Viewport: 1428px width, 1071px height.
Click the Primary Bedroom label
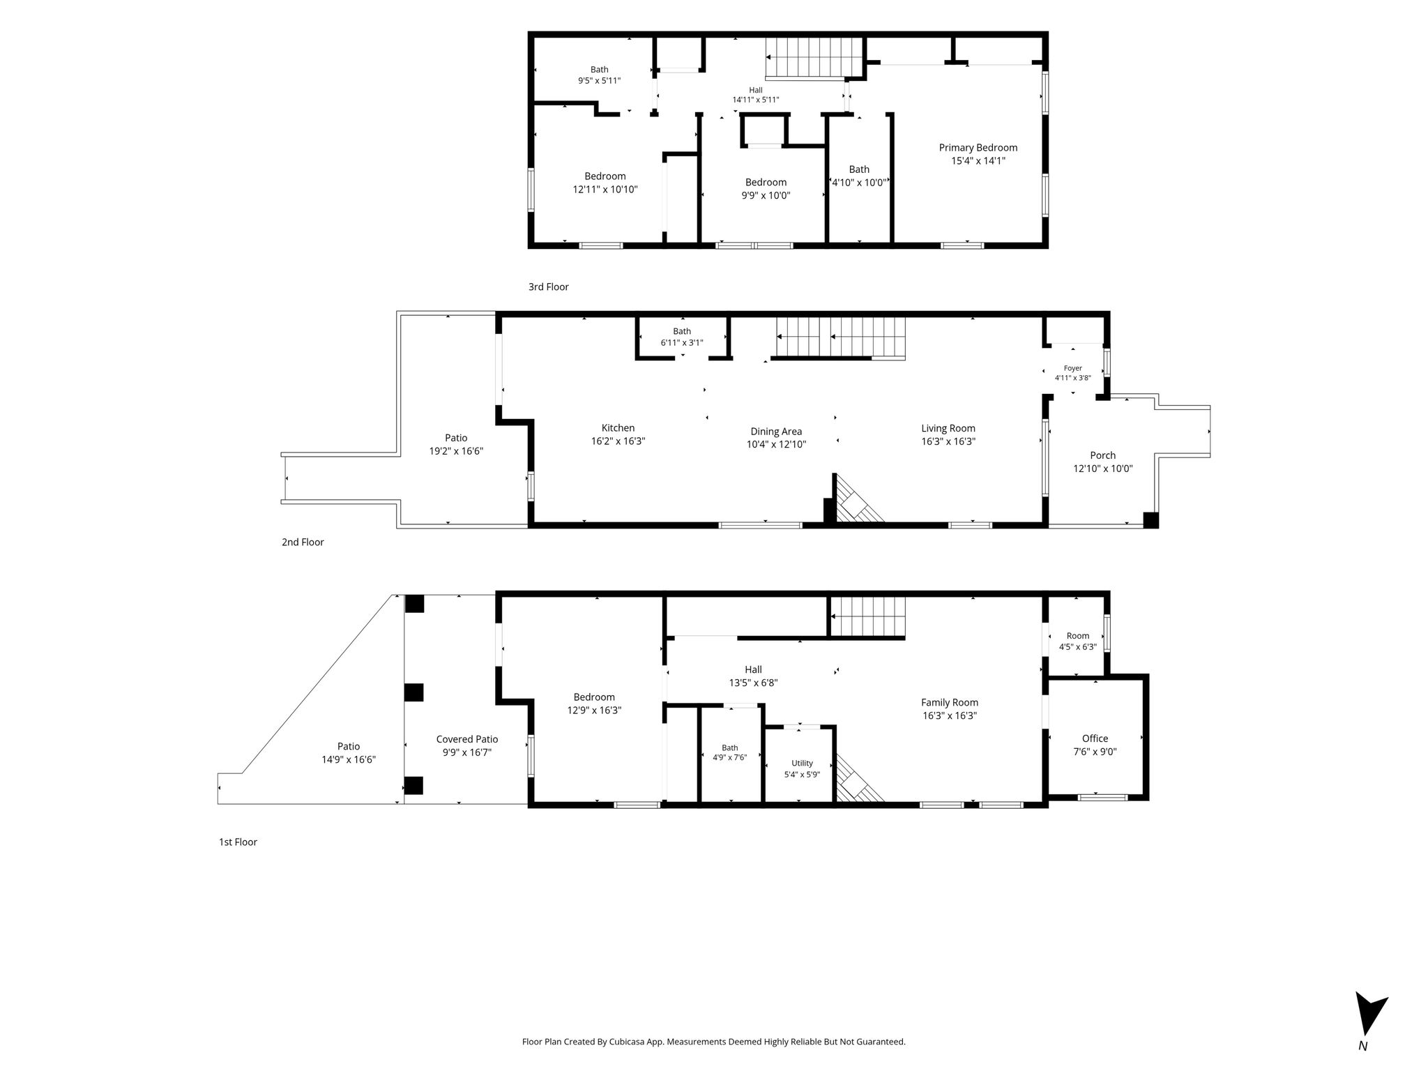click(x=978, y=148)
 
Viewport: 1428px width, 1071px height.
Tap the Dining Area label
click(x=776, y=432)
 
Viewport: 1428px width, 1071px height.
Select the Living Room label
click(x=948, y=429)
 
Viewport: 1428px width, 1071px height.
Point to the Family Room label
click(x=950, y=703)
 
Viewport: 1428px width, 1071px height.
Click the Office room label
click(x=1095, y=738)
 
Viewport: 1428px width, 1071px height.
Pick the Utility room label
click(x=802, y=763)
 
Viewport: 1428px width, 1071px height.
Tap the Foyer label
click(x=1072, y=368)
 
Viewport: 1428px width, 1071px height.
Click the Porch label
click(x=1103, y=455)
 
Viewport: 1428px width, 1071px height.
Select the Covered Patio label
click(x=467, y=739)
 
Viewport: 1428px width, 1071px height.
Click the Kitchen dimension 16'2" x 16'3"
click(x=618, y=441)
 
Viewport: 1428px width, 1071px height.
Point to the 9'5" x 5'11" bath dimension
click(x=599, y=81)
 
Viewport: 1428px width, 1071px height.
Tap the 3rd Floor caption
click(x=549, y=287)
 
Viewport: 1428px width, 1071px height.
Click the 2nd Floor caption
click(x=303, y=542)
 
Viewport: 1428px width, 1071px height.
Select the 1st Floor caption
click(x=238, y=842)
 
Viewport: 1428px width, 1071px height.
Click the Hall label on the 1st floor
click(x=753, y=669)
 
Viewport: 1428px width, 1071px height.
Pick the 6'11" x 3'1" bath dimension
click(x=682, y=343)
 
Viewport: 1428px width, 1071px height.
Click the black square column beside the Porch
click(x=1150, y=520)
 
